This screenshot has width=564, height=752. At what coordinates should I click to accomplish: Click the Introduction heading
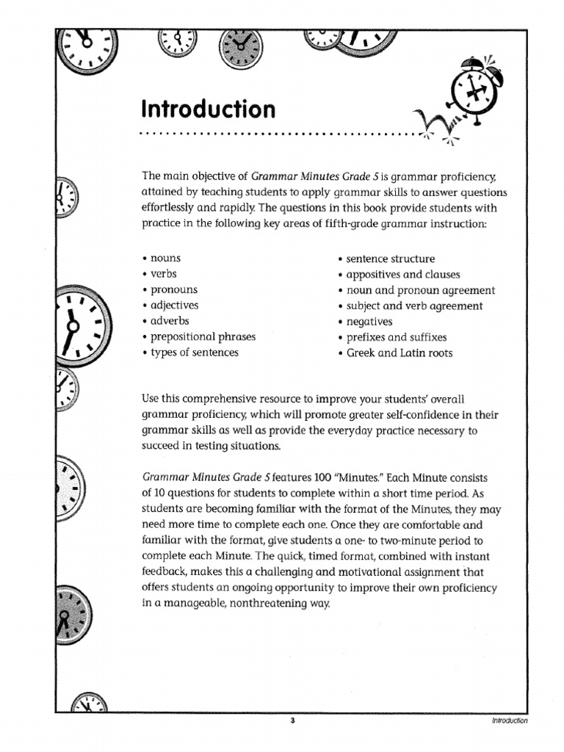click(209, 109)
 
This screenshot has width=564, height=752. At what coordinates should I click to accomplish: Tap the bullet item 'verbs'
click(164, 274)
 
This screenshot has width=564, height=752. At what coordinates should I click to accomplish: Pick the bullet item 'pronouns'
click(174, 290)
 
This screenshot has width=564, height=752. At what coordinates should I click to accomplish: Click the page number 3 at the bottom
click(292, 720)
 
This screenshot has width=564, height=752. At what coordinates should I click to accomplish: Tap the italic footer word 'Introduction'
click(510, 720)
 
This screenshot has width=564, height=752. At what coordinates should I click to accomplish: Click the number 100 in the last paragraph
click(323, 477)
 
